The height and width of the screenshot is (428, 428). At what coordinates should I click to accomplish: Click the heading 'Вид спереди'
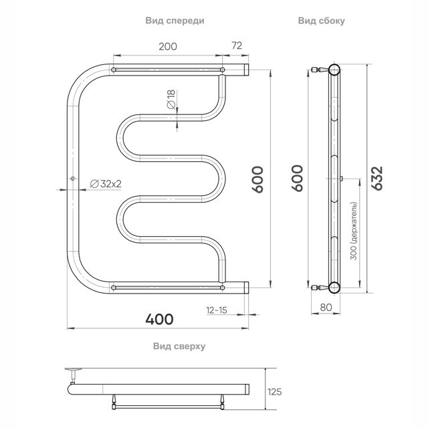coord(175,21)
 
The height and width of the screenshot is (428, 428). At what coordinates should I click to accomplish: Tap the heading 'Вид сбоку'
coord(321,21)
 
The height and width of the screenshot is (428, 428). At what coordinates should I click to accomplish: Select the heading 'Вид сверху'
coord(179,346)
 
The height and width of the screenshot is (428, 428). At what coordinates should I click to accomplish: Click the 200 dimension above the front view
coord(168,47)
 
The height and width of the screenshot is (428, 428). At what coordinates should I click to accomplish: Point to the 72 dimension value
coord(237,45)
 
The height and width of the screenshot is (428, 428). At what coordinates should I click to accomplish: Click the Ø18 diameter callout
coord(171,100)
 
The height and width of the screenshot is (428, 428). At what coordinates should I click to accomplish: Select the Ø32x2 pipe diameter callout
coord(106,184)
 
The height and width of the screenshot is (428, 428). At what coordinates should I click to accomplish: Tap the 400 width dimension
coord(159,319)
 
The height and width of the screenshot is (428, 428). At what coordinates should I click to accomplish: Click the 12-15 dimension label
coord(217,310)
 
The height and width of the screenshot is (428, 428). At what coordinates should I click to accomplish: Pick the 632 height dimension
coord(378,178)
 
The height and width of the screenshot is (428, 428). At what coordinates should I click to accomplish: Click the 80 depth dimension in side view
coord(326,308)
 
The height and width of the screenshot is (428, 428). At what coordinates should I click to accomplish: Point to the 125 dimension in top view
coord(275,392)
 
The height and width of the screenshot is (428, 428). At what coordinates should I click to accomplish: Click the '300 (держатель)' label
coord(354,231)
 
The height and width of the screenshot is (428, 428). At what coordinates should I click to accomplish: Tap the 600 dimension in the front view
coord(257,180)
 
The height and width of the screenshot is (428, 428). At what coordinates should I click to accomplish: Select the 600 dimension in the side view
coord(297,179)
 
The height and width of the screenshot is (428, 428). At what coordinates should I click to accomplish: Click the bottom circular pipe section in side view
coord(334,288)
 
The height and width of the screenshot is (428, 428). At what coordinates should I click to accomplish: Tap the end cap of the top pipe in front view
coord(246,70)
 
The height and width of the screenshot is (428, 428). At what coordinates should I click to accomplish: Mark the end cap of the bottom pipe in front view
coord(246,288)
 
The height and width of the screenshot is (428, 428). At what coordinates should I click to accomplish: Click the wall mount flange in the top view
coord(73,370)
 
